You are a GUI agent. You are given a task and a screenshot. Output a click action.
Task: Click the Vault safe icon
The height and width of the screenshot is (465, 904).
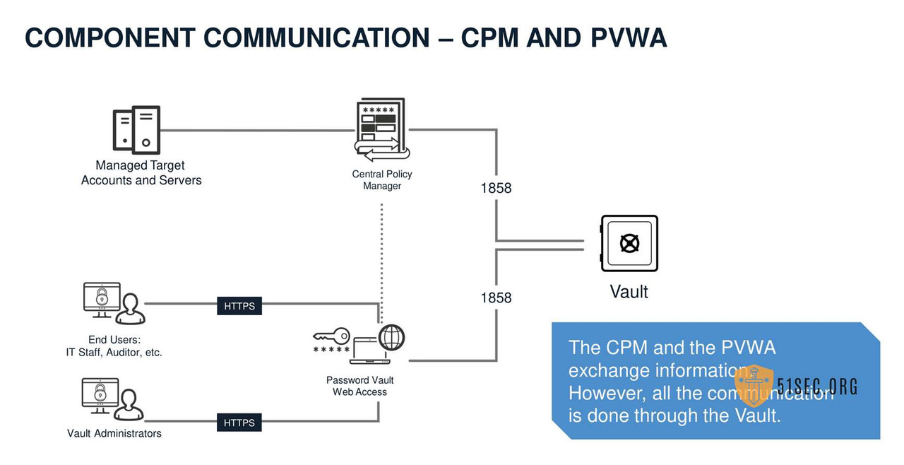coord(629,244)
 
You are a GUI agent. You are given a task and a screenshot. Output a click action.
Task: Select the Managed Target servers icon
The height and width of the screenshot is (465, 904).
coord(136,130)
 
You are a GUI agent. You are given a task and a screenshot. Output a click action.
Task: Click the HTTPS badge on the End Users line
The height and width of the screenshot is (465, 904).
coord(239,306)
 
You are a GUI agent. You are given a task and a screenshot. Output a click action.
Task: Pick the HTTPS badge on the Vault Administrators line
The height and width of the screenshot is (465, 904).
coord(239,423)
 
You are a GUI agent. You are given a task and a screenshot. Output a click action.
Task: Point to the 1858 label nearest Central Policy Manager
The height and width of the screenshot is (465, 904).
coord(496,188)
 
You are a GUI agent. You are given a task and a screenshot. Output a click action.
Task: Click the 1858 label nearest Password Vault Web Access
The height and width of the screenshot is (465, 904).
coord(496,298)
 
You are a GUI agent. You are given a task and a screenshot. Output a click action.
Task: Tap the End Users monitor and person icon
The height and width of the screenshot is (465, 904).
coord(113,302)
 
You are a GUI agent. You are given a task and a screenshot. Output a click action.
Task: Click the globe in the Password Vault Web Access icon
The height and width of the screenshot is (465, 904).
coord(392,337)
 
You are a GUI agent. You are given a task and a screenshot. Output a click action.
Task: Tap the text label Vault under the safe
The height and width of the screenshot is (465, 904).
coord(629,291)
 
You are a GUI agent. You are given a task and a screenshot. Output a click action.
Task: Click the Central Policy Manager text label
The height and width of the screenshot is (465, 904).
coord(382,179)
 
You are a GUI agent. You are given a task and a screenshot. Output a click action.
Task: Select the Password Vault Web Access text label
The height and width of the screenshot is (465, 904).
coord(359,386)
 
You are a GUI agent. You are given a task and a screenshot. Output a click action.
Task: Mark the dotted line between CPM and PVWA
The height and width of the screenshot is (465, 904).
coord(382,254)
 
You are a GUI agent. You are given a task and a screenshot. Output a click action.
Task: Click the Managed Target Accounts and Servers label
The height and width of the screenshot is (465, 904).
coord(141,172)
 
